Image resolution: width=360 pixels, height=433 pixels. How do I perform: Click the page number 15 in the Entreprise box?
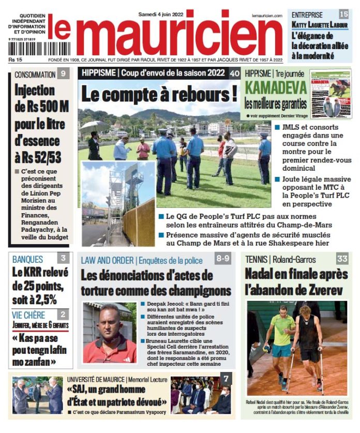pyautogui.click(x=343, y=14)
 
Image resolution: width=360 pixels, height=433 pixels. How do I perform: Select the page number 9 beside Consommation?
pyautogui.click(x=62, y=73)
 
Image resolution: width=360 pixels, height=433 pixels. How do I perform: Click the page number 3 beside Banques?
pyautogui.click(x=63, y=258)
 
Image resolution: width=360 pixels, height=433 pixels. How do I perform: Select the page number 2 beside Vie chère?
pyautogui.click(x=63, y=313)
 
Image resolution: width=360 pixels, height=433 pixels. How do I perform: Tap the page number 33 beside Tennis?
pyautogui.click(x=342, y=258)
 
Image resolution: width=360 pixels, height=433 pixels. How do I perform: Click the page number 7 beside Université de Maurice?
pyautogui.click(x=226, y=379)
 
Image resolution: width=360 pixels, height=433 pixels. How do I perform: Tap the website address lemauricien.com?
pyautogui.click(x=267, y=16)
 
